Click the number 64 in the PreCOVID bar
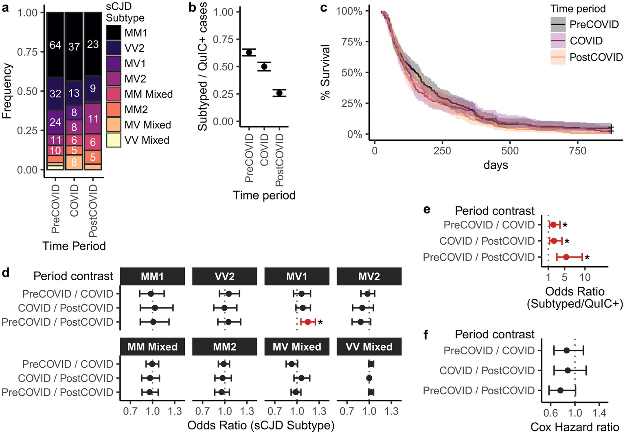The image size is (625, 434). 55,45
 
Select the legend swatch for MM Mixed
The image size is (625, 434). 114,94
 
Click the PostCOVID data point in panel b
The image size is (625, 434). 279,93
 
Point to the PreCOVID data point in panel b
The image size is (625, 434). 249,53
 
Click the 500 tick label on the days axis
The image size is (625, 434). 510,151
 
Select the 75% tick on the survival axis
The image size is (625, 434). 352,42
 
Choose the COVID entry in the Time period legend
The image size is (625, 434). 586,41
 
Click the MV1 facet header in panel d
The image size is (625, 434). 297,277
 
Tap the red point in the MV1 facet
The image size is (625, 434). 308,322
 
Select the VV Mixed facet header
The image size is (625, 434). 369,347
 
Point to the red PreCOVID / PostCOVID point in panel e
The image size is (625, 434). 566,257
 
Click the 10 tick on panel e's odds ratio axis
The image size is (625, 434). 585,278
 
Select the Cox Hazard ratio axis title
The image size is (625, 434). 575,427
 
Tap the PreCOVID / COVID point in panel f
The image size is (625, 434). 566,350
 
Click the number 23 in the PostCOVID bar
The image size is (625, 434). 93,44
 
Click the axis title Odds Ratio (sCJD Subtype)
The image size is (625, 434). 261,425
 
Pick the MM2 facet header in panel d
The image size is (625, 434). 225,347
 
